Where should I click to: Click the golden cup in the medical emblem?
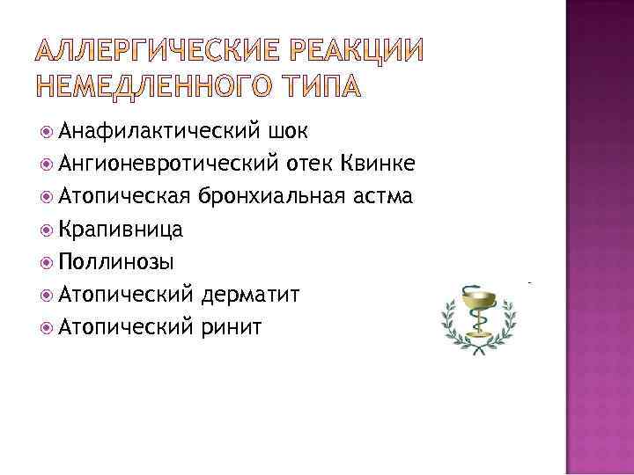coord(477,307)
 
